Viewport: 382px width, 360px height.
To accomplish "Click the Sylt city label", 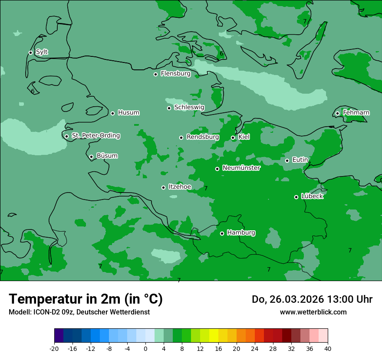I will tap(42, 52).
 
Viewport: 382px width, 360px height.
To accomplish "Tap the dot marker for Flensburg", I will tap(155, 74).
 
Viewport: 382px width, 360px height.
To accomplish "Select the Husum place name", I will tap(128, 113).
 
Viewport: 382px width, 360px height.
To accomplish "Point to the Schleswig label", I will tap(189, 107).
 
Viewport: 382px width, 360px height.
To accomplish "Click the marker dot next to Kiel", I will tap(233, 138).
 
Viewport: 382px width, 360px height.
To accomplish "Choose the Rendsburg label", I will tap(202, 137).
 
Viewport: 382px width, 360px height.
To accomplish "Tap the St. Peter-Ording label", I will tap(95, 136).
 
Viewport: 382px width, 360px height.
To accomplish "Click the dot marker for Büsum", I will tap(91, 157).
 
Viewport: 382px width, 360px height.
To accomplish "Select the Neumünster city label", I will tap(241, 168).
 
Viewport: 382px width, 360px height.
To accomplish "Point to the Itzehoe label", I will tap(180, 187).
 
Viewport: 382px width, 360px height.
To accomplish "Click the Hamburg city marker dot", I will tap(222, 233).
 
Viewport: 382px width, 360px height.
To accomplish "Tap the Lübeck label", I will tap(312, 196).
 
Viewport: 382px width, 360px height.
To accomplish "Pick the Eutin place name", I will tap(300, 160).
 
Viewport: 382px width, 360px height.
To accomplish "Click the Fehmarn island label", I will tap(356, 113).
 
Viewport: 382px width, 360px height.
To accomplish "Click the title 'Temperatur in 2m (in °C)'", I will tap(86, 299).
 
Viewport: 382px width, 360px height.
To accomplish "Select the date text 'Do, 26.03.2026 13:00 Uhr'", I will tap(312, 299).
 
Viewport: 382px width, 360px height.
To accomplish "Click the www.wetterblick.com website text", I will tap(313, 312).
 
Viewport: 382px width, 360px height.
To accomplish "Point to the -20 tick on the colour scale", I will tap(54, 348).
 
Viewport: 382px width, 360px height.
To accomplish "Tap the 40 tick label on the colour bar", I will tap(328, 348).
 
